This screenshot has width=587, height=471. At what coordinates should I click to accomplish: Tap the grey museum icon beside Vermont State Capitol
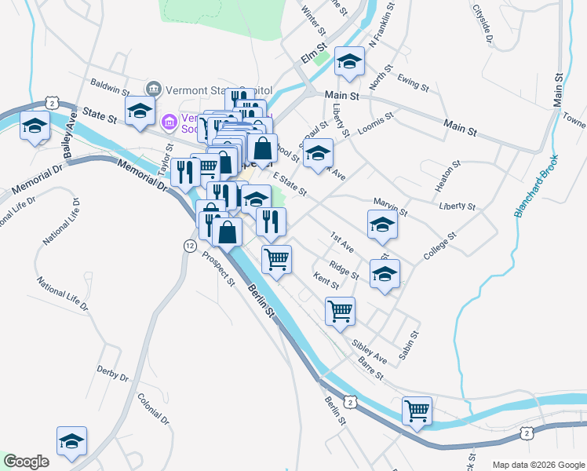(x=153, y=87)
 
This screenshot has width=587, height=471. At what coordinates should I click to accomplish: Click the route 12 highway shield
(x=189, y=246)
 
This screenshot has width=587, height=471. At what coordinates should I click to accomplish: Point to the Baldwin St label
(x=109, y=82)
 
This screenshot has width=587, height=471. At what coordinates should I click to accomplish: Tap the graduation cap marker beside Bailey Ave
(x=35, y=126)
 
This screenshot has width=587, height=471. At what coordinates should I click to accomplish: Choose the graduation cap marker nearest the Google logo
(x=71, y=442)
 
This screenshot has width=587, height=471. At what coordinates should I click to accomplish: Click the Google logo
(x=26, y=462)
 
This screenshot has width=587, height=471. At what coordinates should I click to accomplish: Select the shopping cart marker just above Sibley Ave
(x=340, y=310)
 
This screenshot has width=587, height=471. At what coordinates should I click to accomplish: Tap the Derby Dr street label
(x=112, y=373)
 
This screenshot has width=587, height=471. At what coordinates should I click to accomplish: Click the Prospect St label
(x=218, y=269)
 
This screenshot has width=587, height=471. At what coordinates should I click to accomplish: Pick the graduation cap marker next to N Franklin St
(x=349, y=62)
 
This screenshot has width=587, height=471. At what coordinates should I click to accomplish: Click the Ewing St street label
(x=413, y=81)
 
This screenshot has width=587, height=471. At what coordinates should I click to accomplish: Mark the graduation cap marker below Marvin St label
(x=382, y=225)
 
